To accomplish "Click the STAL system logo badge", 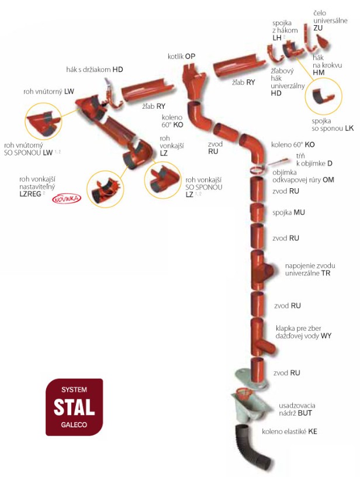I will click(x=74, y=407).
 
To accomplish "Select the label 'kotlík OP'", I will click(x=181, y=56).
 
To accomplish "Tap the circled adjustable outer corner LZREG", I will click(x=105, y=189).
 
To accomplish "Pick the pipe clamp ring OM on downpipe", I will click(x=258, y=170).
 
